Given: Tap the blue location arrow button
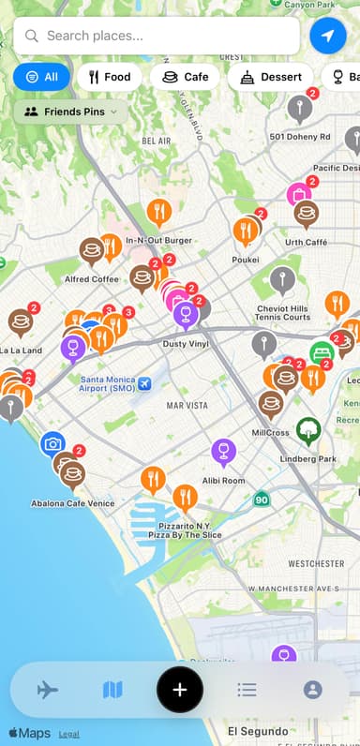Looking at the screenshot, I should pos(327,36).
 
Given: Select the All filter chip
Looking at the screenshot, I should pos(40,77).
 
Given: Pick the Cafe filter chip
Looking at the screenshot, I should pos(185,77).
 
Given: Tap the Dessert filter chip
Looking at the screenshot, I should pos(271,77).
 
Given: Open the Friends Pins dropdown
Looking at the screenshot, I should pos(71,112).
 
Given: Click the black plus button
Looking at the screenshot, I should pos(180,690).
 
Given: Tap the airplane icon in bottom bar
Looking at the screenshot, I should pos(48,690).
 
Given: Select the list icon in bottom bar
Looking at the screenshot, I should pos(247,690).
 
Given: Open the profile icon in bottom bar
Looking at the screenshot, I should pos(312,690).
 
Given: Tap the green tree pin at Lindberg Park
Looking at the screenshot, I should pos(307,430).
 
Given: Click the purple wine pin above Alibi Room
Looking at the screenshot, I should pos(223,452).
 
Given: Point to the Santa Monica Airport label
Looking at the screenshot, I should pos(107,384).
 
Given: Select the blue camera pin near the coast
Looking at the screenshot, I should pos(53,443).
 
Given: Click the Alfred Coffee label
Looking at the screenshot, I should pos(92,278).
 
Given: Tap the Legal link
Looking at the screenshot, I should pos(68,734).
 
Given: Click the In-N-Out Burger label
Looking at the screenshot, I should pos(158,240).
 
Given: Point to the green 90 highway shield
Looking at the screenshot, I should pos(261,500).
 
